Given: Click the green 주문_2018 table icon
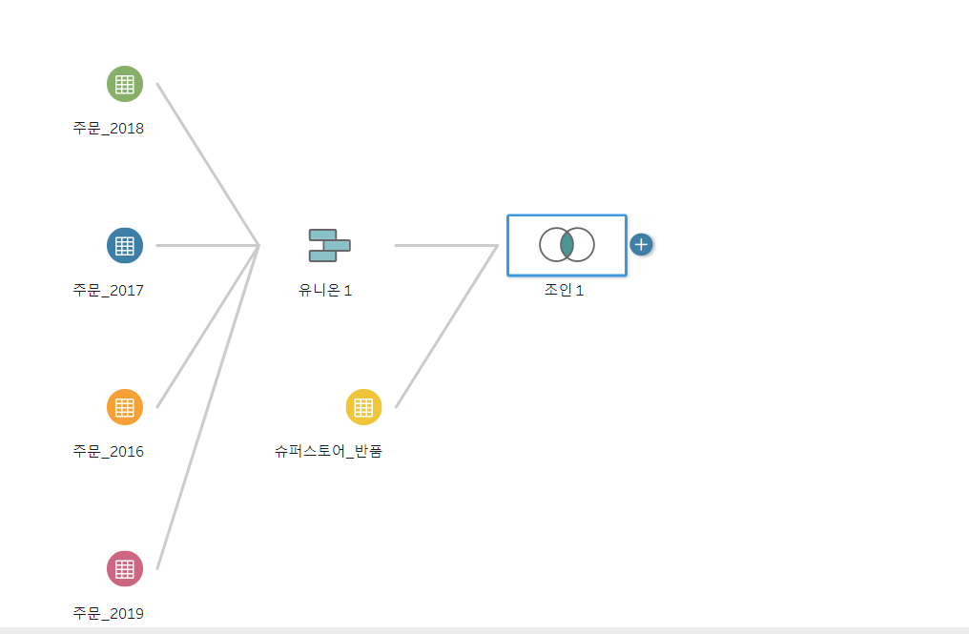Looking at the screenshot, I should click(124, 84).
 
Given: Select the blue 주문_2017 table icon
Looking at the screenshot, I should click(124, 245).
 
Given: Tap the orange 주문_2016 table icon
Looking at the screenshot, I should click(124, 407).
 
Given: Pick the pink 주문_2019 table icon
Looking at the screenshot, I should click(124, 568).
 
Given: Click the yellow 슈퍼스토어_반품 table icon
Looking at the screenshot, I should click(363, 407).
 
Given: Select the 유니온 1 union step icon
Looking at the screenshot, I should click(329, 245).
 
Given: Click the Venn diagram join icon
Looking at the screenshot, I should click(567, 245).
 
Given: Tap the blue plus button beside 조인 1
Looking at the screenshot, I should click(641, 245).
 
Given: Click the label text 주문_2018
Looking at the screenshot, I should click(108, 128).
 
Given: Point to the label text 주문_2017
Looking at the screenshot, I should click(108, 290).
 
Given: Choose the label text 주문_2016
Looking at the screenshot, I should click(108, 451).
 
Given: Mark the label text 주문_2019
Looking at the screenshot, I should click(108, 613).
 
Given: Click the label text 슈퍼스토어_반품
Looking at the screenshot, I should click(329, 451).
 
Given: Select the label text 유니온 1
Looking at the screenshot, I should click(325, 290).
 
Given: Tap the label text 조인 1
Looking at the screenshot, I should click(564, 290).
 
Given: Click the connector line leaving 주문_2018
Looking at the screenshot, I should click(208, 164).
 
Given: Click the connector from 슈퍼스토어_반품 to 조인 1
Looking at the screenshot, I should click(446, 326).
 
